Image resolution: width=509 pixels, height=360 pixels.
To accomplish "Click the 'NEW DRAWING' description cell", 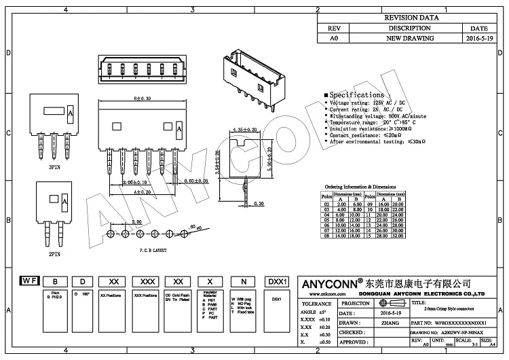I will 409,39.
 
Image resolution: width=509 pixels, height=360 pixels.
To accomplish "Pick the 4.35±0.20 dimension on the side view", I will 245,128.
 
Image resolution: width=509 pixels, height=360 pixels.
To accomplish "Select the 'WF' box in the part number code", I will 29,281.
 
